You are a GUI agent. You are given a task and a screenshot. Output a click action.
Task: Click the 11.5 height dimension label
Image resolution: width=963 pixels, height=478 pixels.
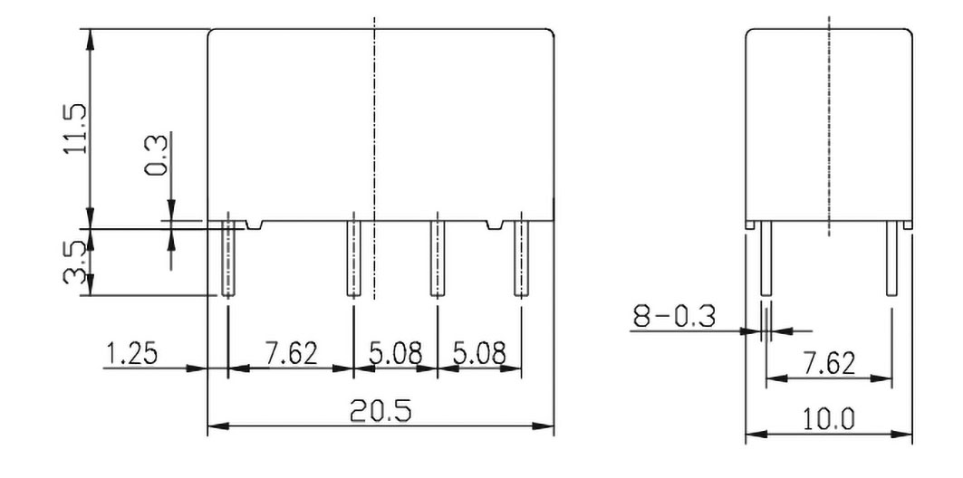tap(75, 128)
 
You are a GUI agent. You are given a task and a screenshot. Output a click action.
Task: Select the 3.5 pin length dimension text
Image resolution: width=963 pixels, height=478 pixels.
tap(76, 262)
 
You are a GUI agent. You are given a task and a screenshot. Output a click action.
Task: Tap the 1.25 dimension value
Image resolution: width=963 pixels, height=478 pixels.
tap(130, 353)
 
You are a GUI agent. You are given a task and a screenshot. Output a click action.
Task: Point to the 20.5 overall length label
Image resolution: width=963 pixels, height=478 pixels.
tap(380, 412)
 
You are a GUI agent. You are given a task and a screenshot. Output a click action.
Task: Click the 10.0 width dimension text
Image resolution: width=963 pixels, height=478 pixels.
tap(829, 419)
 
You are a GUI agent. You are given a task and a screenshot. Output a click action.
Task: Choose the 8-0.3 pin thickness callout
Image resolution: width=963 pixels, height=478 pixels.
tap(675, 317)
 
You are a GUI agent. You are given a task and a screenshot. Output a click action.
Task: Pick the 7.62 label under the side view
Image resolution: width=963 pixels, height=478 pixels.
tap(828, 363)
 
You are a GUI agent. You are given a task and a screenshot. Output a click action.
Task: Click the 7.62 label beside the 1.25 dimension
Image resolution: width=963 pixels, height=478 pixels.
tap(291, 353)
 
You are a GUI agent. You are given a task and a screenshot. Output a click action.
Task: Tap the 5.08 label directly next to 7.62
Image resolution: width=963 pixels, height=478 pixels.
tap(395, 353)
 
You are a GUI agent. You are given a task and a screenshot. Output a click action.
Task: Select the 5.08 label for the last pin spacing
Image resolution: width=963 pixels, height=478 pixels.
tap(479, 353)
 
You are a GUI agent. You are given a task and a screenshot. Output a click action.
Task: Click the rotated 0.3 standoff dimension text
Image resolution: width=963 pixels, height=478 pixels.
tap(155, 155)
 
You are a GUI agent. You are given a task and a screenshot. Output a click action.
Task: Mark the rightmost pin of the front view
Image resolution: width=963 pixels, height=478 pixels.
tap(521, 258)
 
